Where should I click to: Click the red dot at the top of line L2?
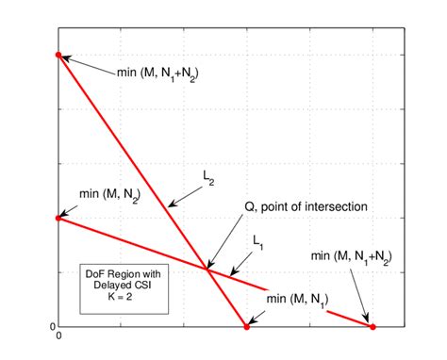(x=58, y=56)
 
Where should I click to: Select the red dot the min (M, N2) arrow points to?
(x=58, y=218)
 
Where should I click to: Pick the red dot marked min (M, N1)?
(x=247, y=327)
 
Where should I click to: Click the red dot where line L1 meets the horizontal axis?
(x=372, y=327)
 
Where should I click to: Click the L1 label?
(x=258, y=242)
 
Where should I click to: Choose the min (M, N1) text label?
(x=297, y=301)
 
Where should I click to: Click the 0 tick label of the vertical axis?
(x=53, y=326)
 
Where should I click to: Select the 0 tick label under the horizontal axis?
(x=58, y=336)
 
